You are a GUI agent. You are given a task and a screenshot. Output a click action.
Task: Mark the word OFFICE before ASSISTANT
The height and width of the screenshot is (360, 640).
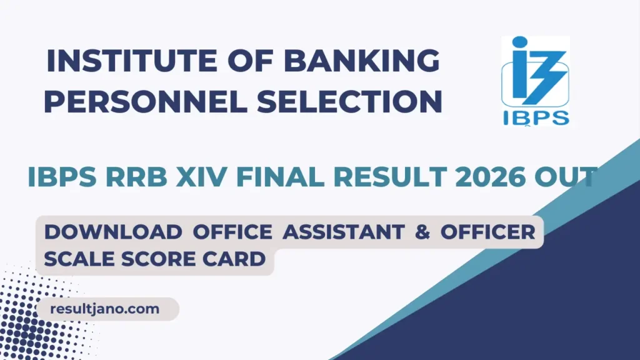[x=233, y=232]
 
